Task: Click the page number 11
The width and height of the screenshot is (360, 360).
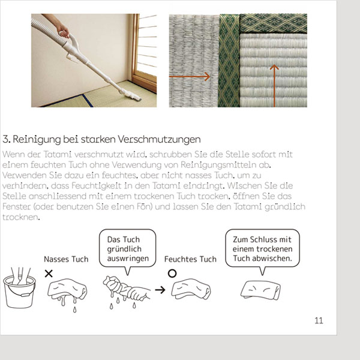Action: tap(319, 320)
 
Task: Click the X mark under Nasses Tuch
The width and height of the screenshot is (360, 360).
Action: tap(49, 274)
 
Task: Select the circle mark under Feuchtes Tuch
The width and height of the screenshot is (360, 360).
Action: tap(172, 273)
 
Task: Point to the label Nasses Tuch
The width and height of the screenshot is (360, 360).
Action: tap(66, 259)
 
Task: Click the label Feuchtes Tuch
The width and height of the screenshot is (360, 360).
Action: tap(190, 259)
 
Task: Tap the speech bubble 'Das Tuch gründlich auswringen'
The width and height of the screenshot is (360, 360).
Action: tap(127, 248)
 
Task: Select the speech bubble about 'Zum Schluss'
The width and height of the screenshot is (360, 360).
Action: tap(262, 248)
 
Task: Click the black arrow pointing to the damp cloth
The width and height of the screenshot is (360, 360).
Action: tap(160, 290)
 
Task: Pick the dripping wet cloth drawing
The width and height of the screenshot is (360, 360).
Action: tap(67, 292)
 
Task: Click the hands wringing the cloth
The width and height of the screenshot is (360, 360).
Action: tap(126, 289)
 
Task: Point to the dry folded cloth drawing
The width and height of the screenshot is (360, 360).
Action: tap(260, 290)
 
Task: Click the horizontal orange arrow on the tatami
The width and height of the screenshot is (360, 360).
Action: tap(190, 76)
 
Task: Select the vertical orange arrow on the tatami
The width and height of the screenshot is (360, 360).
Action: tap(274, 86)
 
